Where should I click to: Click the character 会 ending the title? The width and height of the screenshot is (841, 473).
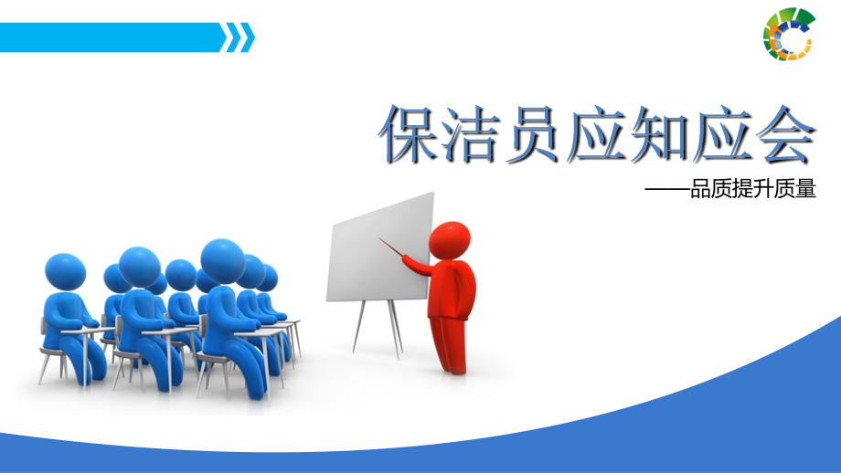click(783, 135)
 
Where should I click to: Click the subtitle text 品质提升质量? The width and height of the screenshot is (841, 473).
click(751, 191)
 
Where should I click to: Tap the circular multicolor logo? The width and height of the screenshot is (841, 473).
click(789, 35)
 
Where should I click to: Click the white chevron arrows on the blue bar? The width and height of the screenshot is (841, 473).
click(240, 37)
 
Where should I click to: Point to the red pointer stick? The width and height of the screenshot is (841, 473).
click(391, 248)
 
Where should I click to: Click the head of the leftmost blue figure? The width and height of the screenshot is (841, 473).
click(65, 272)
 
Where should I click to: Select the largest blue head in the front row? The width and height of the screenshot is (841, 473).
click(223, 260)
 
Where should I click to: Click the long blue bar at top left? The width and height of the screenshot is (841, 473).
click(110, 37)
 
